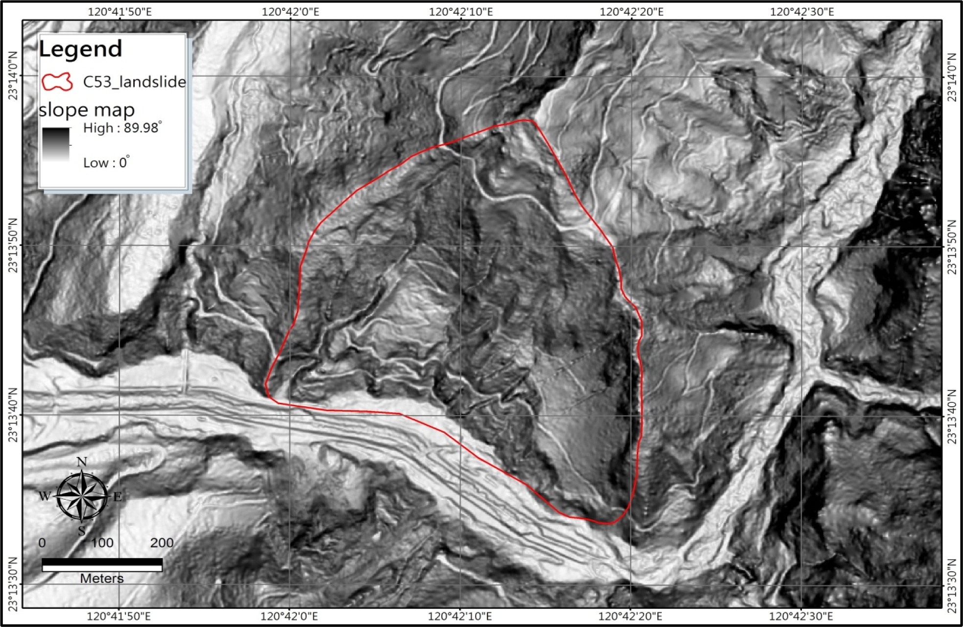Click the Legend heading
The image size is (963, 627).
pyautogui.click(x=81, y=49)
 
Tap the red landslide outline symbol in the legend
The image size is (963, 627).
pyautogui.click(x=57, y=82)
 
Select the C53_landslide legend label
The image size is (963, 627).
pyautogui.click(x=134, y=82)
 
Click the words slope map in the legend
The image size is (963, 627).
pyautogui.click(x=87, y=110)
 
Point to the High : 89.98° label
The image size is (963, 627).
pyautogui.click(x=122, y=128)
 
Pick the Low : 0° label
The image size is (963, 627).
pyautogui.click(x=106, y=163)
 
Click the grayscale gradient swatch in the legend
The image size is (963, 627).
pyautogui.click(x=56, y=144)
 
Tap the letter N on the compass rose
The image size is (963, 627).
pyautogui.click(x=82, y=462)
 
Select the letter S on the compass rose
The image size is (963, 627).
pyautogui.click(x=82, y=530)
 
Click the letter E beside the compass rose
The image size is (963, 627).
pyautogui.click(x=118, y=497)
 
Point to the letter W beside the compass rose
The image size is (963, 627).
pyautogui.click(x=45, y=496)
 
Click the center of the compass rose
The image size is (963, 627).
pyautogui.click(x=82, y=496)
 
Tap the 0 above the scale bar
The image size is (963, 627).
pyautogui.click(x=42, y=543)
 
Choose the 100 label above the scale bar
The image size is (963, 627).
pyautogui.click(x=102, y=543)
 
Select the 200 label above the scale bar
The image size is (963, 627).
pyautogui.click(x=162, y=543)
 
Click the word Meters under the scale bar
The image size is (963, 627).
pyautogui.click(x=102, y=579)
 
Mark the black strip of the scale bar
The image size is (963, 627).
pyautogui.click(x=102, y=561)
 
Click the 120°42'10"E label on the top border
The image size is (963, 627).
pyautogui.click(x=461, y=12)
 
